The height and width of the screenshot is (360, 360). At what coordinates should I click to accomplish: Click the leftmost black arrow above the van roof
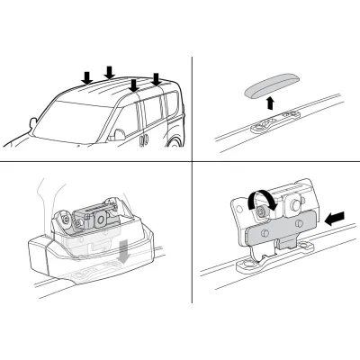click(x=87, y=78)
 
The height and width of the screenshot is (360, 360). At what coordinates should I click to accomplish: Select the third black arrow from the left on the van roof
click(x=134, y=86)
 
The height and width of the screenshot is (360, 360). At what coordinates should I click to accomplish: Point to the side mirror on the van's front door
click(x=119, y=135)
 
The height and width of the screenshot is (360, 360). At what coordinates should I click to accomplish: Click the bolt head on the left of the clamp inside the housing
click(x=65, y=216)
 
